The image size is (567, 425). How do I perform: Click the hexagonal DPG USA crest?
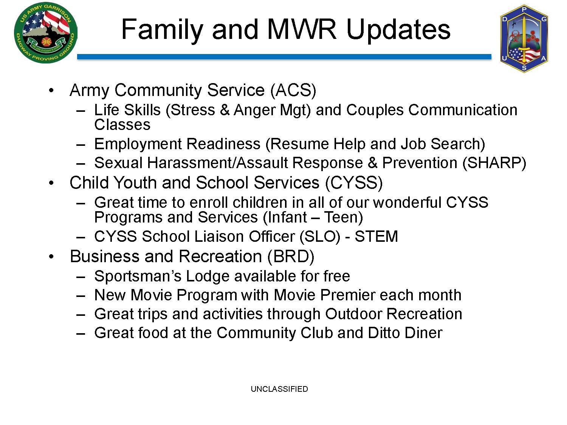[x=524, y=39]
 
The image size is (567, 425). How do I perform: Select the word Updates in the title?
[x=398, y=31]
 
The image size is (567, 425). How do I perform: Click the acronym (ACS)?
[x=293, y=90]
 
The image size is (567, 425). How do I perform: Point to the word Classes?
[x=122, y=125]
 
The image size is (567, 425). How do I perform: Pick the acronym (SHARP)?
[x=494, y=163]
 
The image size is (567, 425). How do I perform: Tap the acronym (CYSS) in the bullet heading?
[x=354, y=183]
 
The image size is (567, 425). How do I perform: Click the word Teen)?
[x=344, y=217]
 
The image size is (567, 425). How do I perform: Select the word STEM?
[x=376, y=236]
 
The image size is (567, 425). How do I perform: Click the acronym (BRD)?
[x=291, y=257]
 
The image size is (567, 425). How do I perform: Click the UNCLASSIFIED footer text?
[x=279, y=389]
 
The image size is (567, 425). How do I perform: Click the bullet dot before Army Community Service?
[x=51, y=91]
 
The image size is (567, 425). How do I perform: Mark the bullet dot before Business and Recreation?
[x=51, y=257]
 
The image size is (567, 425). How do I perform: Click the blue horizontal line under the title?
[x=284, y=57]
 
